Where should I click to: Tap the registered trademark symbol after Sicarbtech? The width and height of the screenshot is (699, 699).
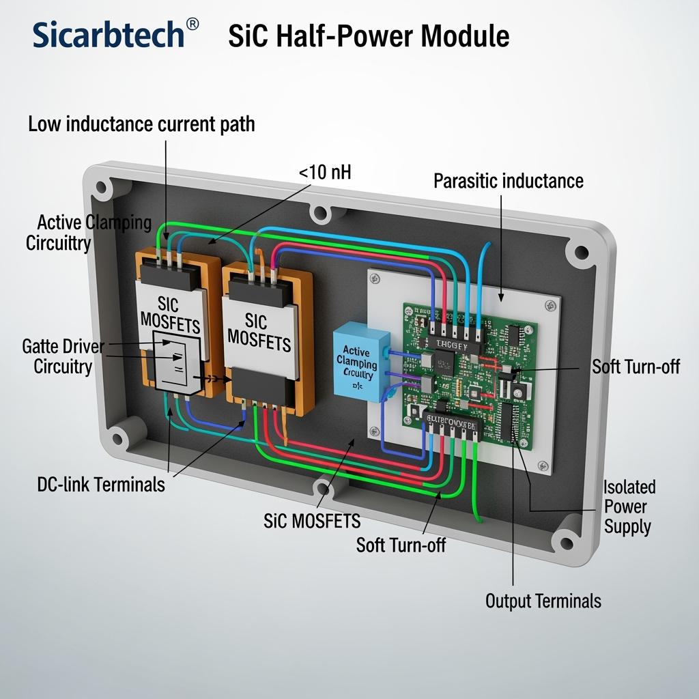click(192, 25)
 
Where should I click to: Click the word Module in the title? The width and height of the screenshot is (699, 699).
click(470, 35)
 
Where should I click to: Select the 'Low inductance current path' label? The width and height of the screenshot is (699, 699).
click(141, 124)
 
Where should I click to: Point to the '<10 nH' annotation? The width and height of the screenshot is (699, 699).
click(325, 172)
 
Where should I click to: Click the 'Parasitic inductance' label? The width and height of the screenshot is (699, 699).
click(509, 181)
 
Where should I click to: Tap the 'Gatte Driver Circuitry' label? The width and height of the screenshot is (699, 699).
click(63, 356)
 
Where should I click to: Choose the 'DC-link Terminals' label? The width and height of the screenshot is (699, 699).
click(101, 485)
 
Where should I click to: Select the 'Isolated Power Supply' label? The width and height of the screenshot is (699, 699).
click(628, 507)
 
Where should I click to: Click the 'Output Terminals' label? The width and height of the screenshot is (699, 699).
click(543, 601)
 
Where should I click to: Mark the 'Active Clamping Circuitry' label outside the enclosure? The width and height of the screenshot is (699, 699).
click(89, 232)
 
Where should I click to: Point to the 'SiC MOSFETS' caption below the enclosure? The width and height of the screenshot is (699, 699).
click(312, 521)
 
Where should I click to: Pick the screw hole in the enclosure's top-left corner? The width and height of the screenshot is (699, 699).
click(103, 186)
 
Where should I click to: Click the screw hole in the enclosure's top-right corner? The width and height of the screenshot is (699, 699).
click(582, 253)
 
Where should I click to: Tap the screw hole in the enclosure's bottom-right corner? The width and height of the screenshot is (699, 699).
click(566, 543)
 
